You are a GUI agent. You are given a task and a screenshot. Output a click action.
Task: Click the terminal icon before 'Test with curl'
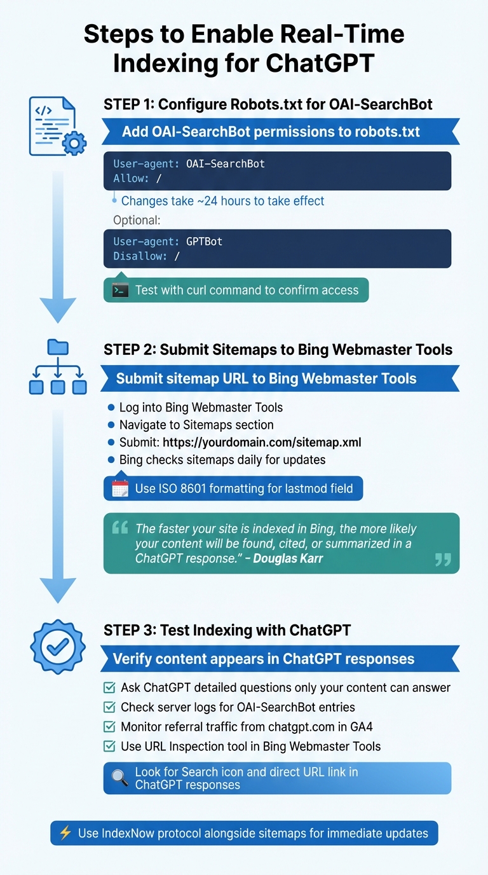120,290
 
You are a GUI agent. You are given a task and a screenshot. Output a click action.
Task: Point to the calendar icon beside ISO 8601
120,488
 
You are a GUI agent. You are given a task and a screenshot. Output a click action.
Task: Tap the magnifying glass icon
120,778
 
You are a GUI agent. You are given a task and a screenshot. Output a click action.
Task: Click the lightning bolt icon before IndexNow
65,832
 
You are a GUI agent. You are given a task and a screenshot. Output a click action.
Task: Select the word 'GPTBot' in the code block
204,242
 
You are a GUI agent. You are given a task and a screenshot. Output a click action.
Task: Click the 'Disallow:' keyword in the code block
140,256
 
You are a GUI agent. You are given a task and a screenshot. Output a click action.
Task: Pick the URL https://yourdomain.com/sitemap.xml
262,442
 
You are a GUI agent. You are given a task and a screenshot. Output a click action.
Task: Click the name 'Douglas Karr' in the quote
288,558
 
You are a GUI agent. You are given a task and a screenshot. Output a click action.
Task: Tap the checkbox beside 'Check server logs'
109,707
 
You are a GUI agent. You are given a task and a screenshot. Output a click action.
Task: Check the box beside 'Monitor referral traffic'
109,727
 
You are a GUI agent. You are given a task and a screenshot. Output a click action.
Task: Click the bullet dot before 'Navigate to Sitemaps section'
111,425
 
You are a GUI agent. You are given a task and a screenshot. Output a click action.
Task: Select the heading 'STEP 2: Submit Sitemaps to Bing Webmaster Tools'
278,349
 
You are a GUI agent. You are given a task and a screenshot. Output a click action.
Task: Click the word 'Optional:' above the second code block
137,220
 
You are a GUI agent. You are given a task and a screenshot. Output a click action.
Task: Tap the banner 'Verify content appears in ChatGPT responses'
263,659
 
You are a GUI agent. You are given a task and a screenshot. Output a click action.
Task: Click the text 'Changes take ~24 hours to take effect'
222,201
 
